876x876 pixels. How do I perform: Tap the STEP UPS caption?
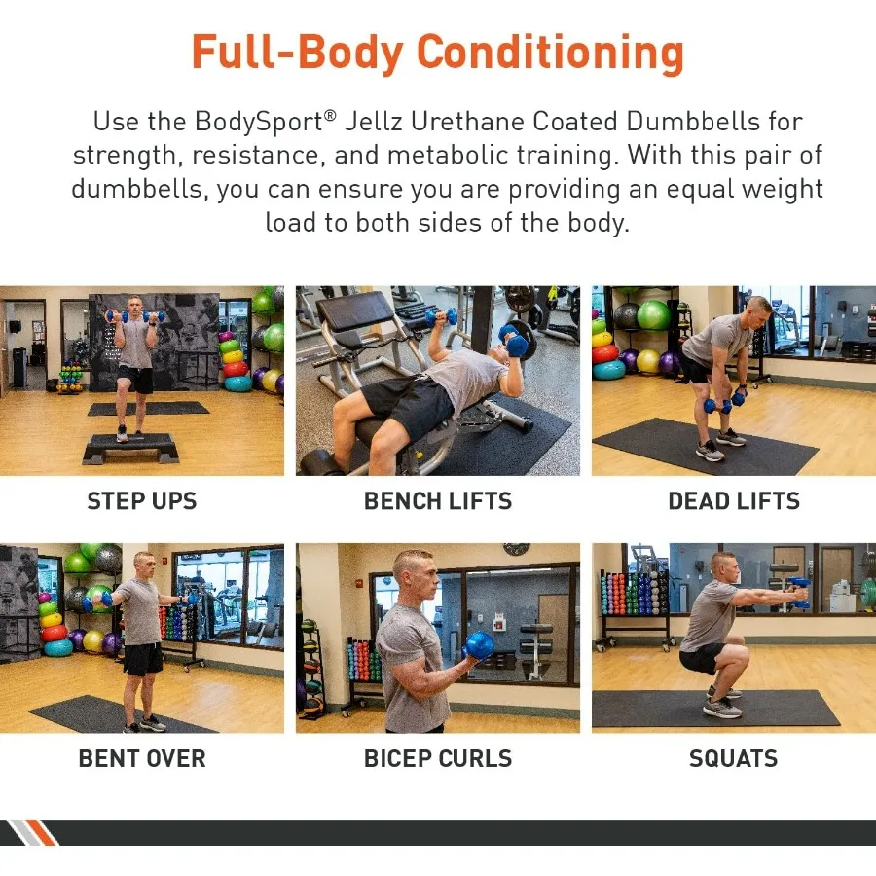[x=142, y=501]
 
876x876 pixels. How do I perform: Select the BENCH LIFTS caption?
[x=437, y=501]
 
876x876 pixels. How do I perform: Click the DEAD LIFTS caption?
[x=733, y=501]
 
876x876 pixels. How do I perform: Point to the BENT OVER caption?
[x=142, y=758]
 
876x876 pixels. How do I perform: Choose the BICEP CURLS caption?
[x=437, y=758]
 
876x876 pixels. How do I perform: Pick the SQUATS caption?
[x=733, y=758]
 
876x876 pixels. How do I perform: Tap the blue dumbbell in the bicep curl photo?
[x=480, y=644]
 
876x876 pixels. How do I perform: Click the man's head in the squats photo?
[x=723, y=566]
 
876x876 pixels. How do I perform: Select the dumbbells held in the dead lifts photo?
[x=725, y=403]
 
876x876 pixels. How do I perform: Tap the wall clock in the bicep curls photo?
[x=516, y=549]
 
